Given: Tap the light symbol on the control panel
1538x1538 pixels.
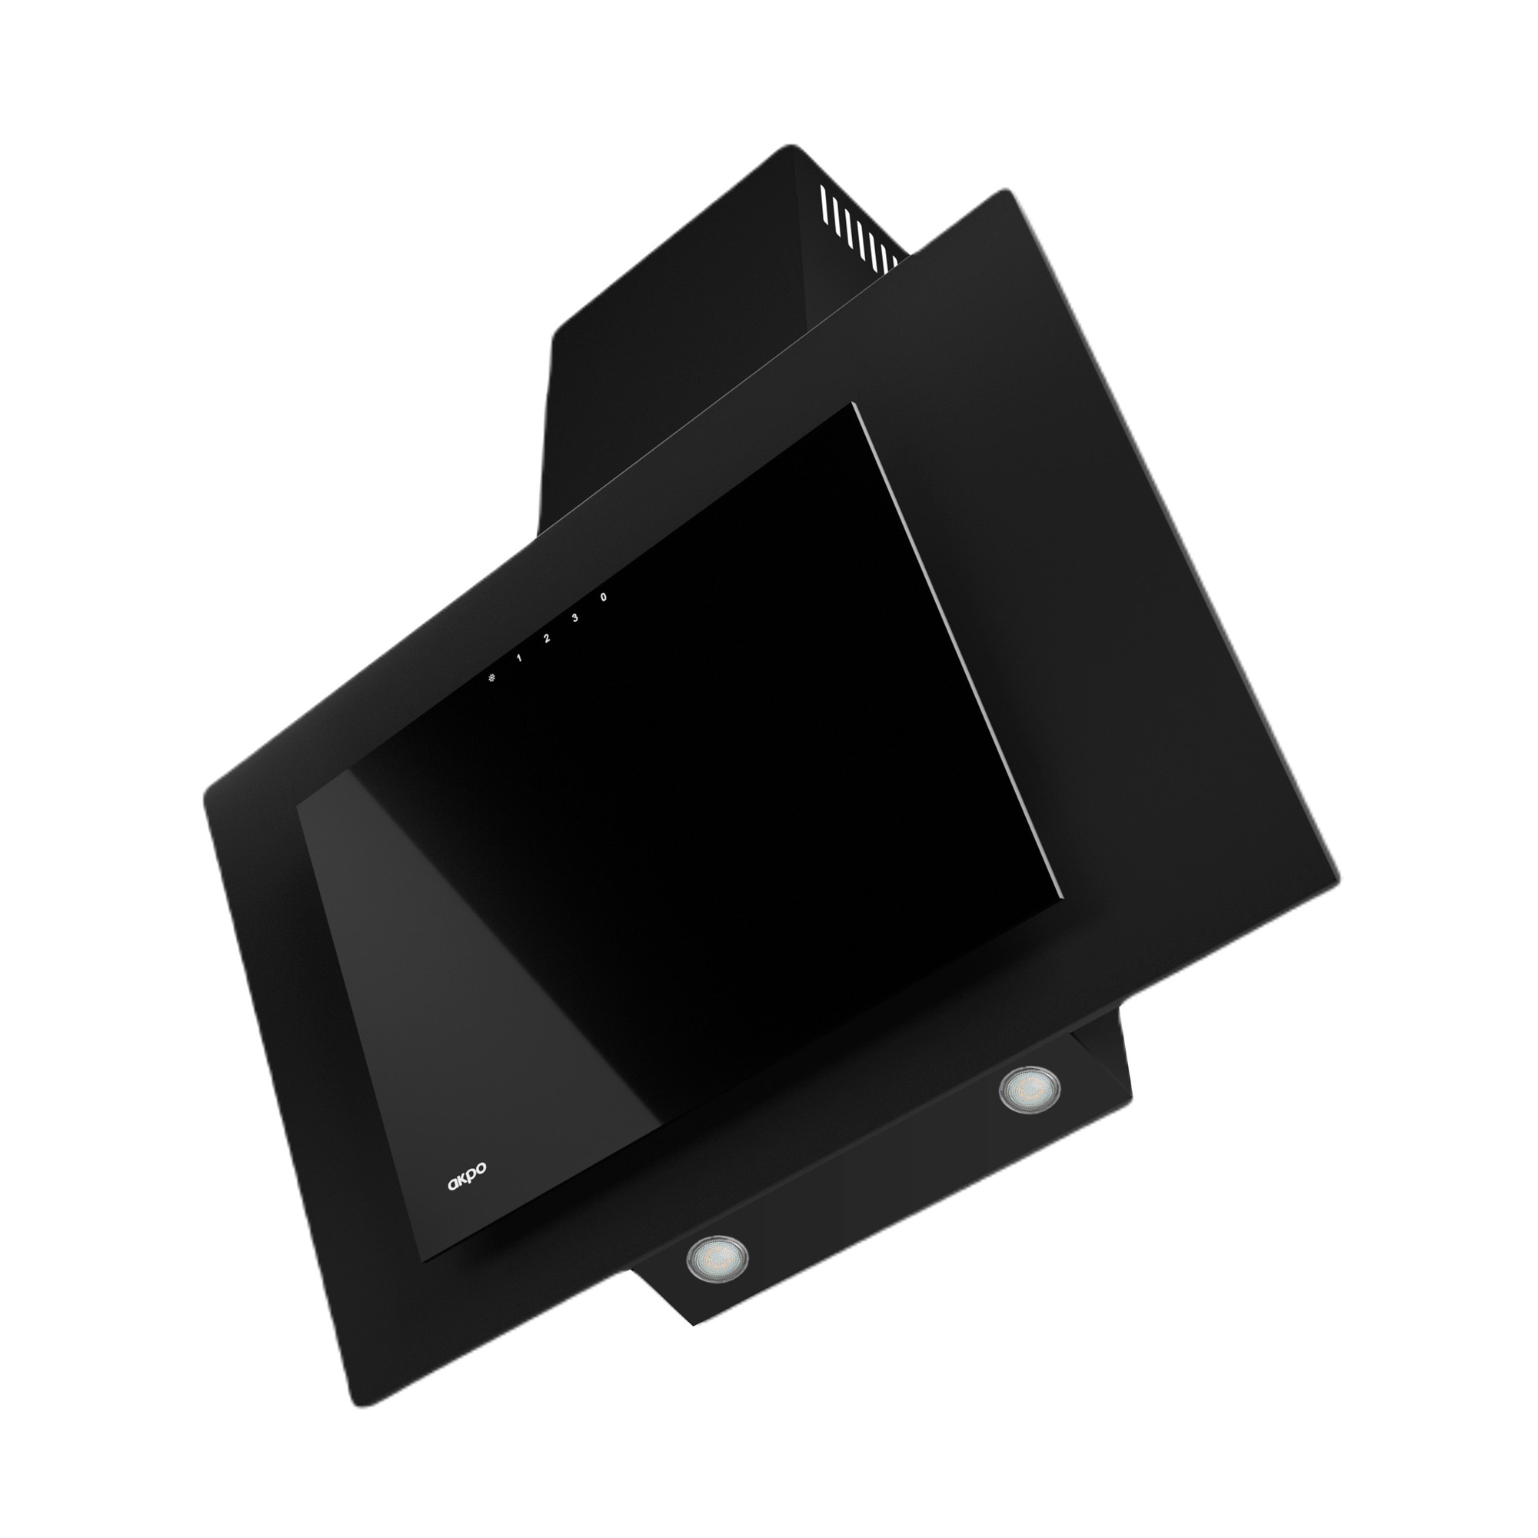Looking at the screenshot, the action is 492,701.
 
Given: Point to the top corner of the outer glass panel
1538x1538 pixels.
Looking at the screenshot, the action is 1004,191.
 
